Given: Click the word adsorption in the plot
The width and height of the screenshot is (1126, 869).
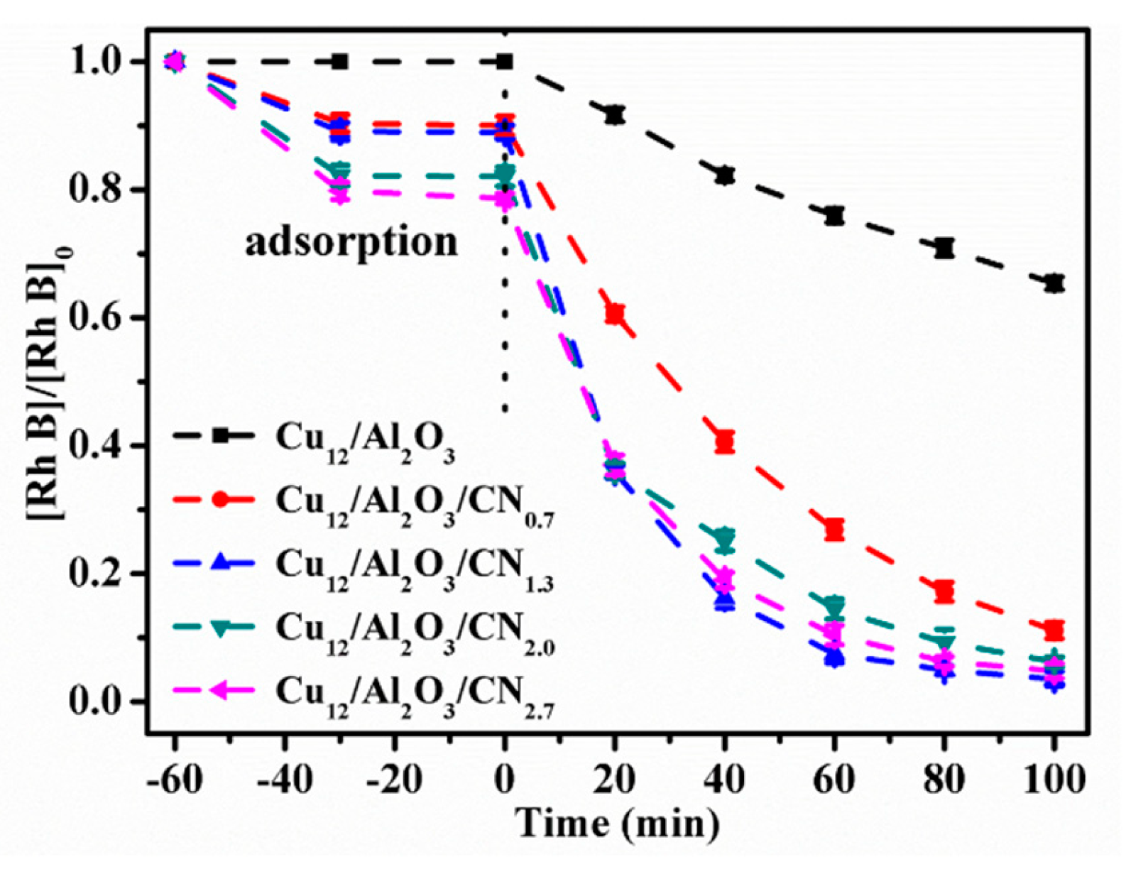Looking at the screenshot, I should click(x=351, y=243).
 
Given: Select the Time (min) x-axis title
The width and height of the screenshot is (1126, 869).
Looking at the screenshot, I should click(x=617, y=824).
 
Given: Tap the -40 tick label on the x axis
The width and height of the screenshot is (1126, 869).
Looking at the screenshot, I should click(x=284, y=780).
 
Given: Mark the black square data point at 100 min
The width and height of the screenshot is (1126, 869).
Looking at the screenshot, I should click(x=1055, y=283).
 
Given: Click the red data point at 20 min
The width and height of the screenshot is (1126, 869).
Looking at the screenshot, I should click(x=615, y=314).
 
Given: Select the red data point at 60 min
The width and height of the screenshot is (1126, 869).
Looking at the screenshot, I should click(x=835, y=529).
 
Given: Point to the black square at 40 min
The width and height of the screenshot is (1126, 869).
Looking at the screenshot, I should click(x=725, y=175).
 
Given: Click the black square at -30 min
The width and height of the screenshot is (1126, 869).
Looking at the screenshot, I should click(x=340, y=62).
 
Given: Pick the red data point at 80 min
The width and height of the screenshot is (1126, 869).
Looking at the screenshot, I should click(x=944, y=591).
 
